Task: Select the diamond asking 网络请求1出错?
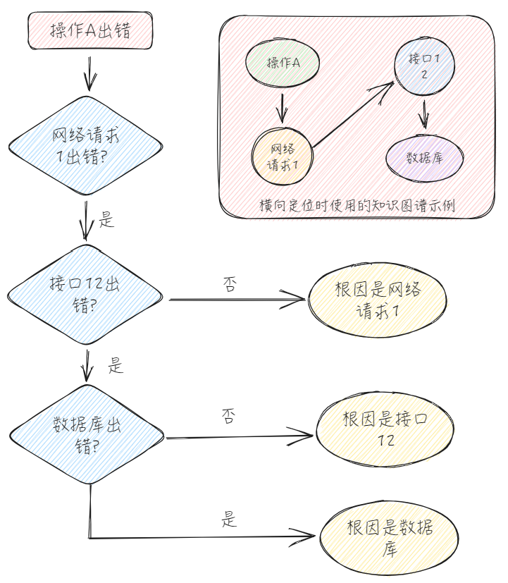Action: (86, 146)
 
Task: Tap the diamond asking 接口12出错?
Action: (86, 294)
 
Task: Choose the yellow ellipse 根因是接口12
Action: (385, 430)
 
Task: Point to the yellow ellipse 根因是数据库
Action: (389, 539)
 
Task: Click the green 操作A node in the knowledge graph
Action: (283, 63)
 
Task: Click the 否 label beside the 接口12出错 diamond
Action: (230, 284)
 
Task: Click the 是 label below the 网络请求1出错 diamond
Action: (106, 219)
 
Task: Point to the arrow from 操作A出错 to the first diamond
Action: (89, 73)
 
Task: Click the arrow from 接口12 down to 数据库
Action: (424, 112)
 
